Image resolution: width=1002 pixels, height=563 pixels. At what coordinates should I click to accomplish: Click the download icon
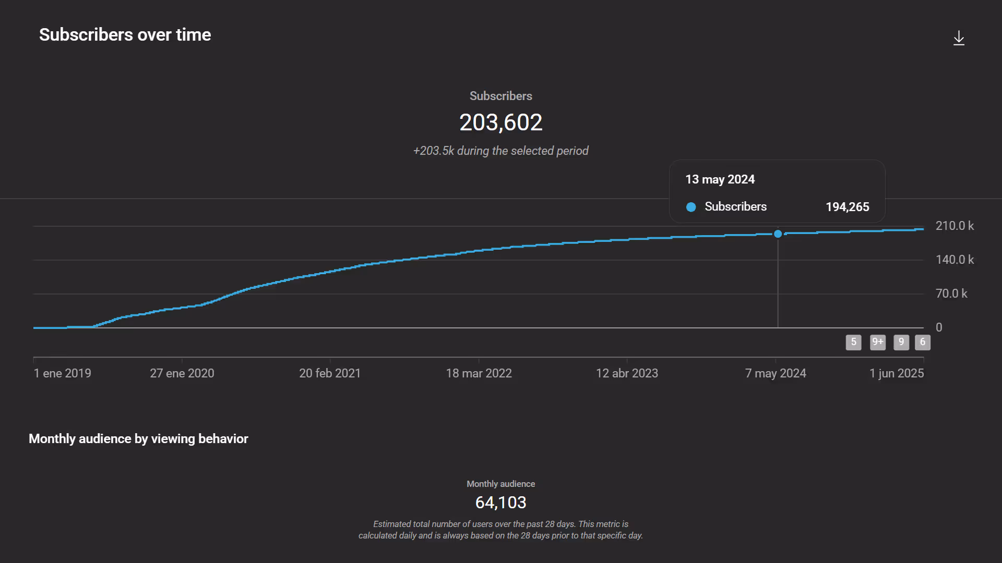pyautogui.click(x=959, y=38)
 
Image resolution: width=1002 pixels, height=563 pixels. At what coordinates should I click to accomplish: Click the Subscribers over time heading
pyautogui.click(x=125, y=35)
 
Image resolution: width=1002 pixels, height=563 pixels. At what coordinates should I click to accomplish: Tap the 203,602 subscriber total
pyautogui.click(x=500, y=123)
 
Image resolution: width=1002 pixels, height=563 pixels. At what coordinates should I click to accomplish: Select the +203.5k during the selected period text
pyautogui.click(x=500, y=151)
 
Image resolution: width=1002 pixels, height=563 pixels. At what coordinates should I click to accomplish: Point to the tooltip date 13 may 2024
pyautogui.click(x=720, y=179)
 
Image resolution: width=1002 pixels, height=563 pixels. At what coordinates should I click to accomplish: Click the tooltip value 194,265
pyautogui.click(x=847, y=207)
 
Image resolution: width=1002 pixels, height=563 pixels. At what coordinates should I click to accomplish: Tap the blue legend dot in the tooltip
pyautogui.click(x=691, y=207)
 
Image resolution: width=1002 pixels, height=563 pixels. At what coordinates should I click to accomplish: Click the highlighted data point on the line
pyautogui.click(x=778, y=234)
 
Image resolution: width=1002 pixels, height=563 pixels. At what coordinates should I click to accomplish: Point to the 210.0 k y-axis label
pyautogui.click(x=954, y=226)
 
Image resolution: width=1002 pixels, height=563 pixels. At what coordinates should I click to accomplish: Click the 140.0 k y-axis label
pyautogui.click(x=954, y=260)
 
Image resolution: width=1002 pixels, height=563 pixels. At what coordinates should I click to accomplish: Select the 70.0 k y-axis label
pyautogui.click(x=951, y=293)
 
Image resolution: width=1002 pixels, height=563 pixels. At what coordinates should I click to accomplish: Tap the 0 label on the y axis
pyautogui.click(x=939, y=327)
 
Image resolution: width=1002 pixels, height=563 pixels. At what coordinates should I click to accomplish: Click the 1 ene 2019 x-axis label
pyautogui.click(x=62, y=373)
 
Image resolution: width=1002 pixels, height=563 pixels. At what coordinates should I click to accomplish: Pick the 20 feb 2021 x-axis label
pyautogui.click(x=330, y=373)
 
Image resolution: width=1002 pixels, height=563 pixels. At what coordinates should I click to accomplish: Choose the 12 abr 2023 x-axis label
pyautogui.click(x=627, y=373)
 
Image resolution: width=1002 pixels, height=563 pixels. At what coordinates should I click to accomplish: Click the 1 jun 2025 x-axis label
pyautogui.click(x=896, y=373)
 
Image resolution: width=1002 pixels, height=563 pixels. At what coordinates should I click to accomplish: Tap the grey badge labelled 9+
pyautogui.click(x=877, y=342)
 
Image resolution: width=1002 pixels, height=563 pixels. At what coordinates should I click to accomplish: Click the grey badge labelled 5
pyautogui.click(x=853, y=342)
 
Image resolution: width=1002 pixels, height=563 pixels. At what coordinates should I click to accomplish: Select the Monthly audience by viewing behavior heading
pyautogui.click(x=138, y=439)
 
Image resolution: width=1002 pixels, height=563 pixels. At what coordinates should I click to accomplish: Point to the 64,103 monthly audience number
pyautogui.click(x=500, y=503)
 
